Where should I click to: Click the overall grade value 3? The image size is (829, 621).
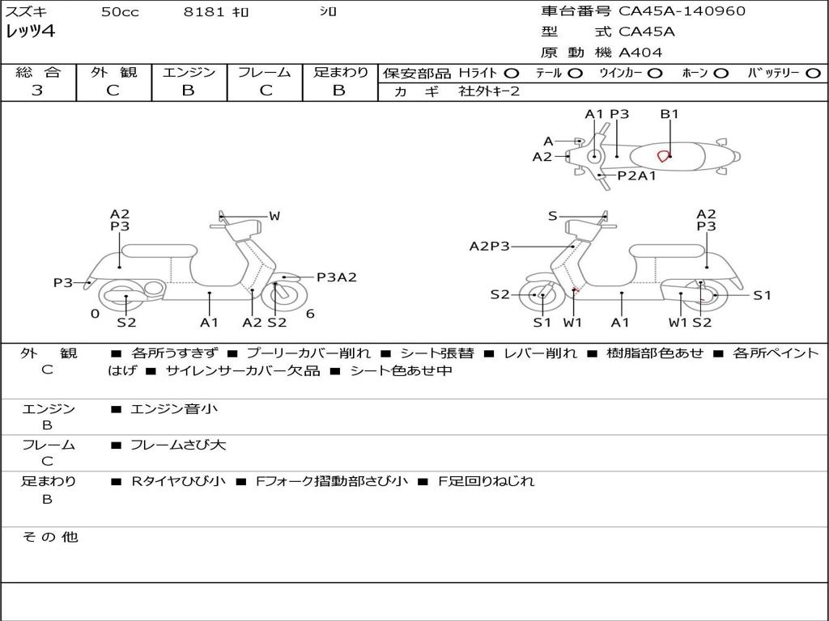(x=37, y=91)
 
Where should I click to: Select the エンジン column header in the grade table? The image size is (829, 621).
(x=189, y=73)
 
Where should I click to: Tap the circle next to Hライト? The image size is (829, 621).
(x=512, y=74)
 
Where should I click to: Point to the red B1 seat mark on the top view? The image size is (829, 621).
(x=664, y=155)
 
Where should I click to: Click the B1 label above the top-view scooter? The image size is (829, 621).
(x=670, y=114)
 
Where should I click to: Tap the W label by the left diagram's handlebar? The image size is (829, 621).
(x=274, y=216)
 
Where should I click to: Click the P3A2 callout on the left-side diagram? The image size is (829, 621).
(x=336, y=277)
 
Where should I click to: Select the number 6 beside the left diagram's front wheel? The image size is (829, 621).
(x=310, y=314)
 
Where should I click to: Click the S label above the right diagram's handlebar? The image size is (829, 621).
(x=553, y=216)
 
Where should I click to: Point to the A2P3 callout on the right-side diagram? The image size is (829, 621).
(x=490, y=247)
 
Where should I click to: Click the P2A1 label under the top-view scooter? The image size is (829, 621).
(x=636, y=175)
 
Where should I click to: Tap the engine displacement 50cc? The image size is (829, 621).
(x=120, y=12)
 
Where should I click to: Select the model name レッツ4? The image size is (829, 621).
(x=31, y=32)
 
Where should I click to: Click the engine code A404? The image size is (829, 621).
(x=640, y=53)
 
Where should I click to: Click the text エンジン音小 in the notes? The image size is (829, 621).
(x=174, y=409)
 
